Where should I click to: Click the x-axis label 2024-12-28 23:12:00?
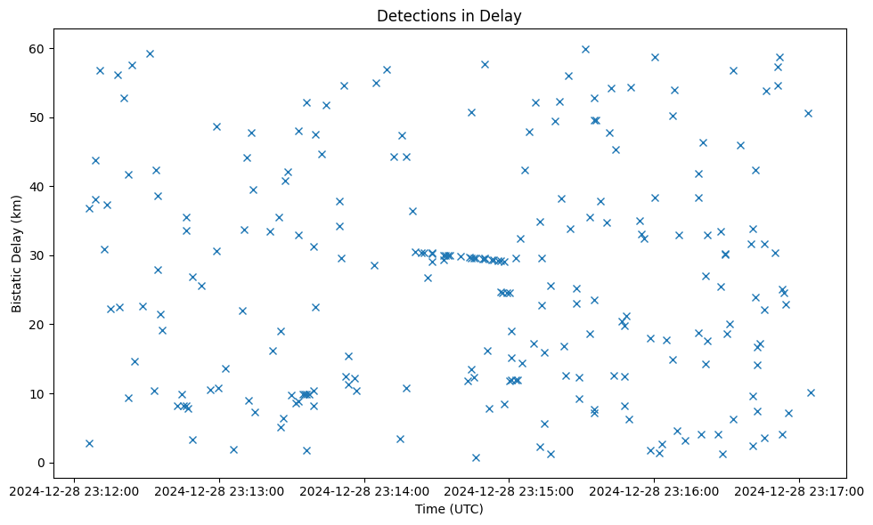tap(75, 490)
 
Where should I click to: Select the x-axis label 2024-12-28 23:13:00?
tap(219, 490)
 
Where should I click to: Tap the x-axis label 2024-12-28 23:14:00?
tap(364, 490)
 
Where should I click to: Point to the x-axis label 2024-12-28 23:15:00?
tap(510, 490)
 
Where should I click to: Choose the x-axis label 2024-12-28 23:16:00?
tap(655, 490)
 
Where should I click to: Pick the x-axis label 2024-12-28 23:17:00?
tap(799, 490)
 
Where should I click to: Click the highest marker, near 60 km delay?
tap(585, 49)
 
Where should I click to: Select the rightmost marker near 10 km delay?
tap(811, 392)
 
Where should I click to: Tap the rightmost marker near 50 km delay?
tap(808, 113)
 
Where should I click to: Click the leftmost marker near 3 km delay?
tap(89, 443)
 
